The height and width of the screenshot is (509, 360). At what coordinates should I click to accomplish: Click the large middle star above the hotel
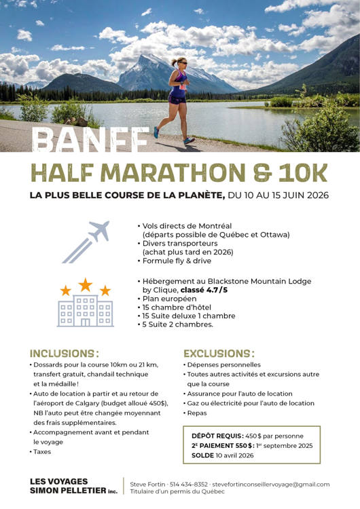click(86, 284)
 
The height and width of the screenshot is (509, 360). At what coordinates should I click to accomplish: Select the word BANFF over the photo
click(90, 141)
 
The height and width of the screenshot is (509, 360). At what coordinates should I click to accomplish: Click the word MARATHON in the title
click(170, 174)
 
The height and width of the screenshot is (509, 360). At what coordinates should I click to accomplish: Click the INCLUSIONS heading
click(64, 354)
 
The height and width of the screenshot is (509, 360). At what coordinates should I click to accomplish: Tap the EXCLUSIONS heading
click(219, 354)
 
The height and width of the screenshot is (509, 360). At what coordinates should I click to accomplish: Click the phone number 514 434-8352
click(177, 485)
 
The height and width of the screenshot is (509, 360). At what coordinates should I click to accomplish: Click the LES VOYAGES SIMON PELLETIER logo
click(73, 485)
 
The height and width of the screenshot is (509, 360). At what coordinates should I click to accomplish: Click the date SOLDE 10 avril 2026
click(222, 455)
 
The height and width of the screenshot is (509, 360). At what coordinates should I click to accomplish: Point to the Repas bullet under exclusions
click(198, 413)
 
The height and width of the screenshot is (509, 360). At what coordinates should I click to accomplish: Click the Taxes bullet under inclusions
click(41, 451)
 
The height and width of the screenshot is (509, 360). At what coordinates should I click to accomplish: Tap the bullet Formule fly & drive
click(177, 261)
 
